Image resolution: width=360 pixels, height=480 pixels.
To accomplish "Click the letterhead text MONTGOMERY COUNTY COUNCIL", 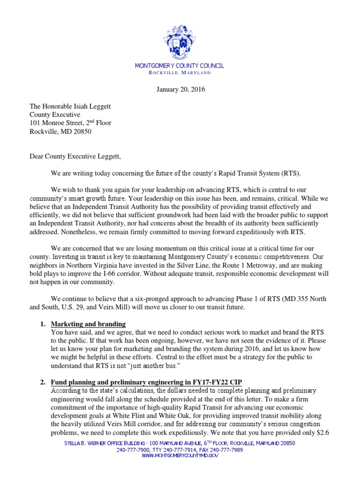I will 180,66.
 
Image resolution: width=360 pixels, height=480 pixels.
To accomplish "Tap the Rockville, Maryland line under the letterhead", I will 180,73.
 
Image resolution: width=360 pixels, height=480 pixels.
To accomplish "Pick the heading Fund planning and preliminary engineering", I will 146,382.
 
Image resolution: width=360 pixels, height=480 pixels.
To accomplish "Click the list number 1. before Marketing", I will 42,324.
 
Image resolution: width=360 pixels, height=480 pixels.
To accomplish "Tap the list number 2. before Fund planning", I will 42,382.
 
